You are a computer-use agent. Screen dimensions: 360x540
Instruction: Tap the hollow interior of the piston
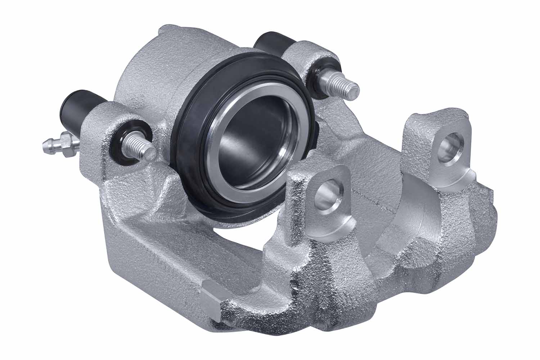252,144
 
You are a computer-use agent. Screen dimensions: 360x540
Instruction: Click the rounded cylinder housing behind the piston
151,72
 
